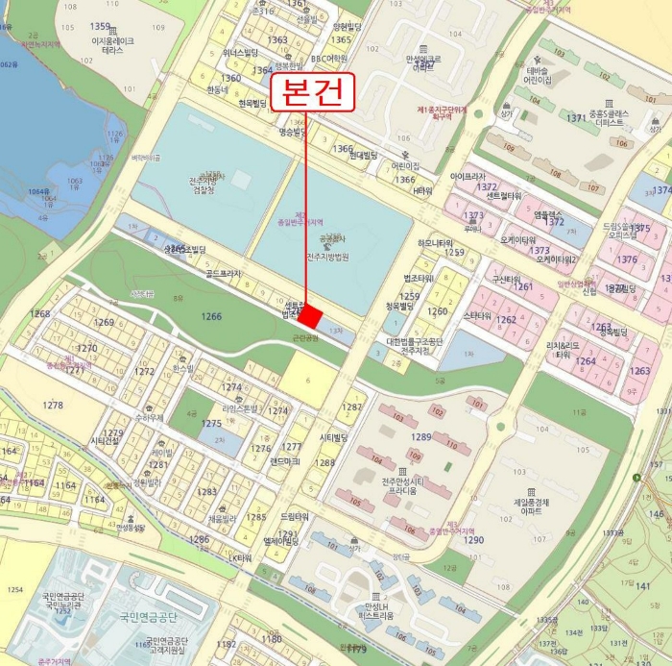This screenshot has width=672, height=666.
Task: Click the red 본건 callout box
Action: tap(314, 94)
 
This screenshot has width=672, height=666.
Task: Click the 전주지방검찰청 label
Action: tap(208, 185)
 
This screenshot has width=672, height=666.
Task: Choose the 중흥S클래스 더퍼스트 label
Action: tap(610, 118)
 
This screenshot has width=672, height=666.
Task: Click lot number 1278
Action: tap(53, 406)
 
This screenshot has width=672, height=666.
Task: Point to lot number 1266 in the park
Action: tap(211, 316)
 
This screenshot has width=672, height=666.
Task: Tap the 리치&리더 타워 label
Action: tap(562, 349)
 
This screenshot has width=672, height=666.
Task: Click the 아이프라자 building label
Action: tap(468, 177)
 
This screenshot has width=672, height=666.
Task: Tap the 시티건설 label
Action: tap(104, 441)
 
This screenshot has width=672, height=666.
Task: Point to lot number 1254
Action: tap(14, 588)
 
